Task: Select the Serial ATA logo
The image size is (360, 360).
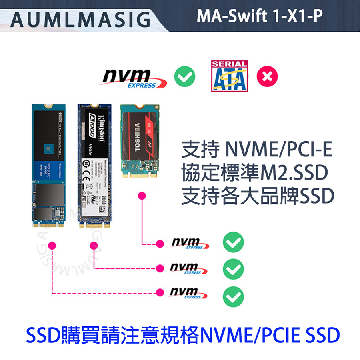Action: (229, 76)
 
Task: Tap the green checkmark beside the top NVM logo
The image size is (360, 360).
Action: (185, 76)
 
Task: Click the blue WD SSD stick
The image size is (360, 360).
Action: (48, 164)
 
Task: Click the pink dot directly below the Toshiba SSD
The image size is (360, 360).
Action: (141, 196)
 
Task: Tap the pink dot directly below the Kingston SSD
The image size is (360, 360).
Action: (94, 245)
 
